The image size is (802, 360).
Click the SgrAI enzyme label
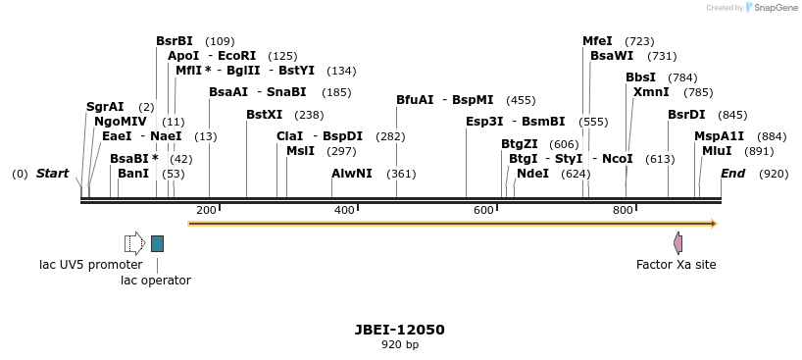click(x=105, y=107)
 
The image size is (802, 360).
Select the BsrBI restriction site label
click(x=175, y=41)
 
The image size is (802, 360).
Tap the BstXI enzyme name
click(x=264, y=115)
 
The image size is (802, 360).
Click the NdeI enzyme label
click(x=532, y=174)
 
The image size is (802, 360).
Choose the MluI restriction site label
click(x=717, y=151)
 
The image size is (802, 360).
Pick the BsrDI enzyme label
click(x=686, y=115)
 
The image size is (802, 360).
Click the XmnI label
click(x=651, y=92)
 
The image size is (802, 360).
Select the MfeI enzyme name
click(x=597, y=41)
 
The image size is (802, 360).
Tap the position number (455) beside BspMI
click(x=521, y=100)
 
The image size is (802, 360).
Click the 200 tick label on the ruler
click(x=206, y=210)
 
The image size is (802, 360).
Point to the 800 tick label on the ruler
click(x=623, y=210)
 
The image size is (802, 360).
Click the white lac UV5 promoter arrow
click(x=134, y=243)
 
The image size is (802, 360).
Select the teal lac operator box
click(x=157, y=243)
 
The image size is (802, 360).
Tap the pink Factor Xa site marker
click(x=677, y=243)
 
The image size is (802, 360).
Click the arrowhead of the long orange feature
click(x=713, y=224)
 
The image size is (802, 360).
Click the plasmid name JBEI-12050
click(x=400, y=330)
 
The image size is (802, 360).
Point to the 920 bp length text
click(x=400, y=344)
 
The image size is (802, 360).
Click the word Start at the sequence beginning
click(x=52, y=174)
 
